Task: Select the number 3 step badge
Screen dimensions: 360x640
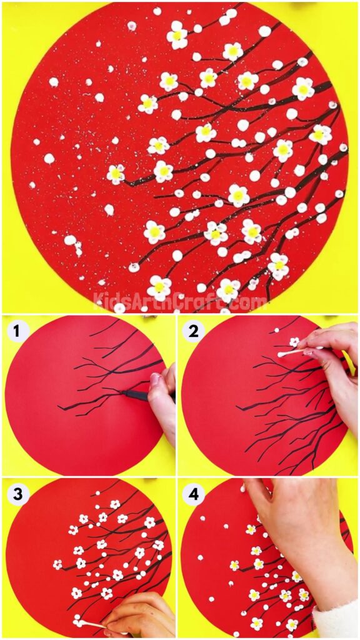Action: point(16,494)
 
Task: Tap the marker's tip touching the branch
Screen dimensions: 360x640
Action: point(121,392)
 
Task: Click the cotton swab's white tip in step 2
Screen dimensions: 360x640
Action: point(282,354)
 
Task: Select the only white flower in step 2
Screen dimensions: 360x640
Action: point(294,342)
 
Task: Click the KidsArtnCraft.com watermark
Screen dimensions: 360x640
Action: point(180,301)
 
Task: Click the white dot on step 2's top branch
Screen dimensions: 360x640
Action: point(277,330)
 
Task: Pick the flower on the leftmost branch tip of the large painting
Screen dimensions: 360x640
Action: point(116,174)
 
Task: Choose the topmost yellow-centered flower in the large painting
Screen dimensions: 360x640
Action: point(177,35)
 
